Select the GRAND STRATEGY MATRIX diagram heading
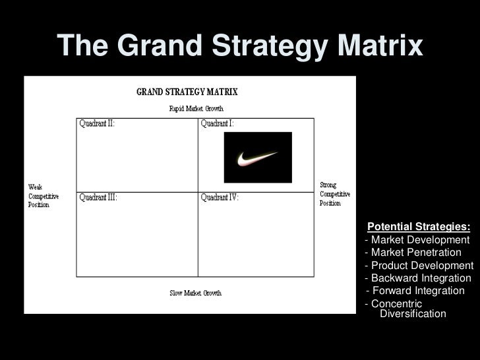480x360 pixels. point(187,92)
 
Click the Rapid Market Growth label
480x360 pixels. point(196,109)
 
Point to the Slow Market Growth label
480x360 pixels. point(195,293)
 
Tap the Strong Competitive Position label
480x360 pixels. point(335,194)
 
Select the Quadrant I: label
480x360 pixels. point(217,123)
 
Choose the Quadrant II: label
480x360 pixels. point(97,123)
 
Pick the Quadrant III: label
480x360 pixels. point(98,197)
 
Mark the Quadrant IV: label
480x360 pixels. point(220,197)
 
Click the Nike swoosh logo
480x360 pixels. point(257,158)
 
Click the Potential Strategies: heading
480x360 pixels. point(419,227)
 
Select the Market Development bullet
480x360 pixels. point(417,239)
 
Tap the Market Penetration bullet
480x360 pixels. point(413,253)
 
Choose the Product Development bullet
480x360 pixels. point(419,265)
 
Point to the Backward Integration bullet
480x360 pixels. point(418,278)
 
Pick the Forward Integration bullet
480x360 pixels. point(415,291)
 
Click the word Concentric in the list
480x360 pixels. point(396,303)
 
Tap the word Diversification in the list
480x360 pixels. point(413,314)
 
